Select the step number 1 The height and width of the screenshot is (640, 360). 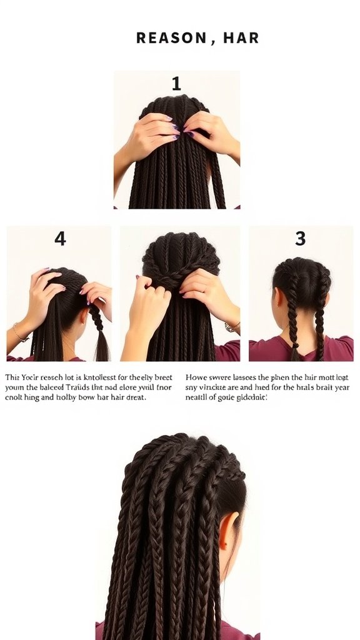coord(176,84)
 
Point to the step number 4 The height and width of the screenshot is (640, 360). coord(60,239)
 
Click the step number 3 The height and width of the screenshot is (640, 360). coord(301,239)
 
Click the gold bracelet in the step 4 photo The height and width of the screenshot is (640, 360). coord(19,334)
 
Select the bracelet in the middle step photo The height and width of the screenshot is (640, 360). coord(232,327)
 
